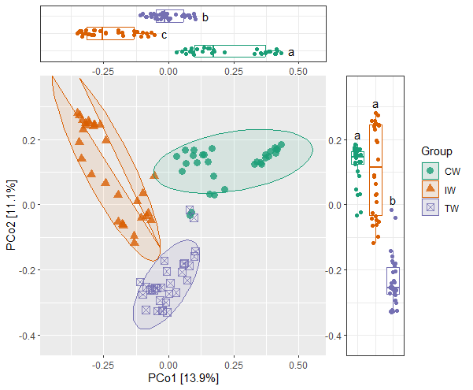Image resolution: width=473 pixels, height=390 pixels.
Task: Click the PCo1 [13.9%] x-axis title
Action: (x=182, y=379)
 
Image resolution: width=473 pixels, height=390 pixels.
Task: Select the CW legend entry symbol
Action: (x=430, y=170)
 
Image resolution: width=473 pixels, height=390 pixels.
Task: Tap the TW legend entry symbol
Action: (x=430, y=208)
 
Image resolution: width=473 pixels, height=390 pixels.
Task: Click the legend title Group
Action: (x=436, y=150)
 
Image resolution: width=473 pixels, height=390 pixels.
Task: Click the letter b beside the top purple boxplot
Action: (x=205, y=17)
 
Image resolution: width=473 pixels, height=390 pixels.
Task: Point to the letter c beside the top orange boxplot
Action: (x=164, y=35)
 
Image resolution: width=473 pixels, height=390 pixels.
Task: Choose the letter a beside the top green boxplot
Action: (x=291, y=53)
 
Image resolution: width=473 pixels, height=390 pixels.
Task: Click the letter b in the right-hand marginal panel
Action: (x=393, y=200)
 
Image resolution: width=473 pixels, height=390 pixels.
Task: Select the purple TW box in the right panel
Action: (x=393, y=280)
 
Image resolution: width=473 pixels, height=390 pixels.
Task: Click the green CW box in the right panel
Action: (x=357, y=158)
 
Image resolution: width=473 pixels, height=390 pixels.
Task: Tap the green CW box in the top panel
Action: (x=228, y=52)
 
